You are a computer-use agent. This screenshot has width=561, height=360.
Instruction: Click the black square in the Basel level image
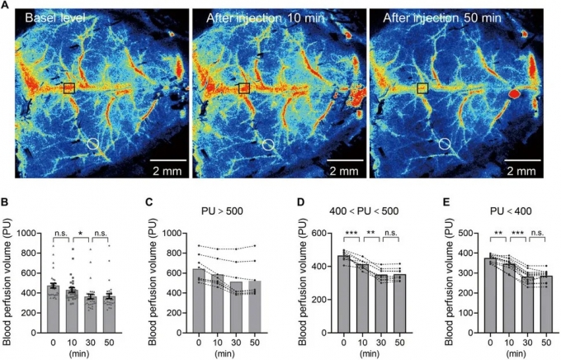69,87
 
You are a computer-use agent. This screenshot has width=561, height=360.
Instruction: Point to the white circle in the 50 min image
445,144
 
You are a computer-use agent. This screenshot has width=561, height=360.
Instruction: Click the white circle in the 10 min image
267,144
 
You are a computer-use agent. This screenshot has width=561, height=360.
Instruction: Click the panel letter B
7,201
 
